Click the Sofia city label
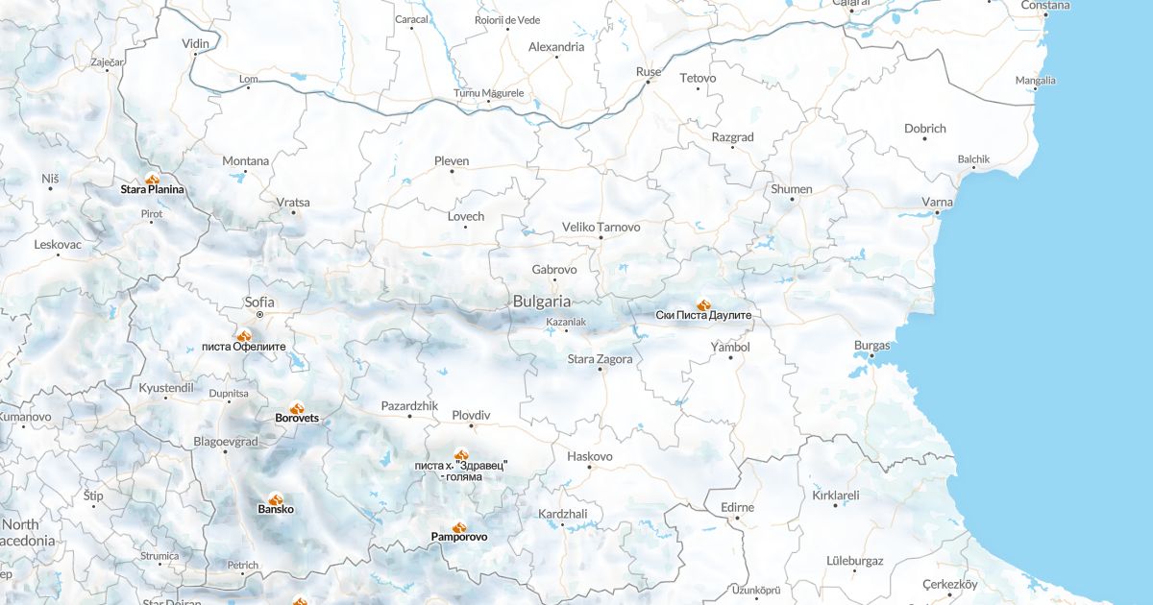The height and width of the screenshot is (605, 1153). (259, 301)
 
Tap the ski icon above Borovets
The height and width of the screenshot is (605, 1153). (297, 408)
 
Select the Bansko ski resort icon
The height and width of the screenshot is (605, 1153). (276, 499)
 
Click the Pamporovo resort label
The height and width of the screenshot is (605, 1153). (458, 537)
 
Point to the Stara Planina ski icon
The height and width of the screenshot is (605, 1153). (152, 180)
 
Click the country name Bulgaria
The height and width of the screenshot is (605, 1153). (542, 301)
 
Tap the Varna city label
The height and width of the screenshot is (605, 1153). (937, 202)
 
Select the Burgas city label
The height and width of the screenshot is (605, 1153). (871, 345)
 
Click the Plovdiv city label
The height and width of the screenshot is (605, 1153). (471, 415)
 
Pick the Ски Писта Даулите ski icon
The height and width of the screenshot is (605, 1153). (703, 304)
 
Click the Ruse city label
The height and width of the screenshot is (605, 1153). (649, 72)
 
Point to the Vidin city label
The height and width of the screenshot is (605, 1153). (195, 44)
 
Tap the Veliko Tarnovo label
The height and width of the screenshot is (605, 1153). (601, 227)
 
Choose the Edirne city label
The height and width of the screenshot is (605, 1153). (737, 507)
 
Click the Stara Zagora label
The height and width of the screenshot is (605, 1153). (601, 359)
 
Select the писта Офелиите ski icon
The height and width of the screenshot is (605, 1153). (244, 336)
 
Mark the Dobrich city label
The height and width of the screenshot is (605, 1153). (924, 128)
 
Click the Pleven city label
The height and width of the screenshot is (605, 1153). (452, 160)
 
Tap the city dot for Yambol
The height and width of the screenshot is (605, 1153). (730, 357)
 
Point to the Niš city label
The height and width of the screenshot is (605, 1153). (51, 179)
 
